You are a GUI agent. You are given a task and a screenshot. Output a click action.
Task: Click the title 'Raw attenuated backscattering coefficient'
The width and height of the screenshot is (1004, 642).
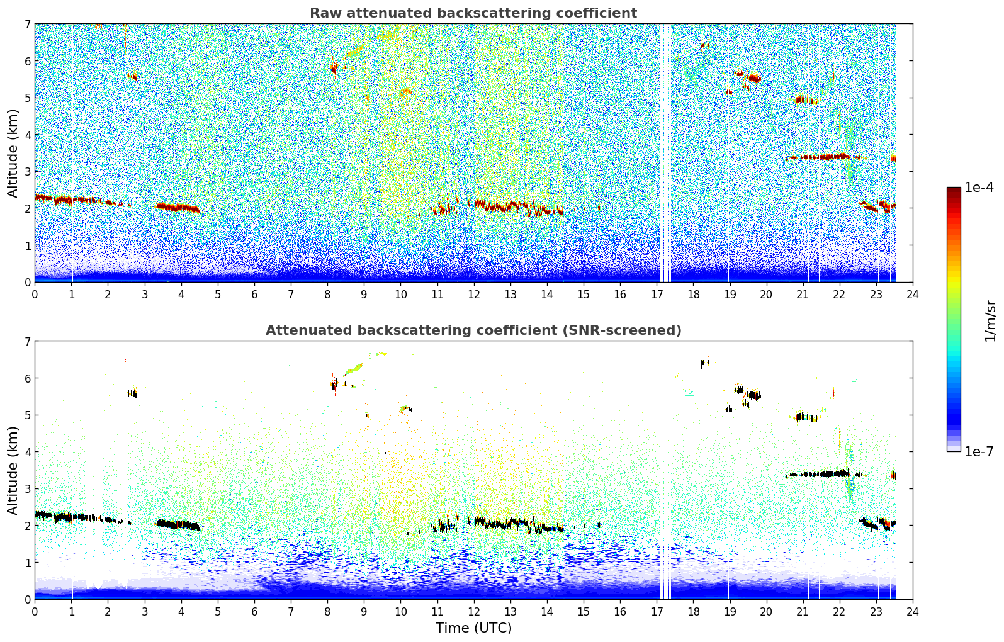[x=473, y=13]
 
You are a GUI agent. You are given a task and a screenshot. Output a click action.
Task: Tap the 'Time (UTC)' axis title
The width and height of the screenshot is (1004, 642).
[x=473, y=628]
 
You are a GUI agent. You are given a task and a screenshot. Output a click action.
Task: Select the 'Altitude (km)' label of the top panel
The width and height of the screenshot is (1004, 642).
[x=13, y=153]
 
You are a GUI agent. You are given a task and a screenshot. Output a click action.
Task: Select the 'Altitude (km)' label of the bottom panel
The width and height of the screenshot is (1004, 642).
[x=13, y=470]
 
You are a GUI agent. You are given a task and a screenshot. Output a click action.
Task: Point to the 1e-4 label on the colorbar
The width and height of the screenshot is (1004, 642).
[x=979, y=188]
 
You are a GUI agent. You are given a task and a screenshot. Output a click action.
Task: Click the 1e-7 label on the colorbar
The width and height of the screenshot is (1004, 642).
[x=979, y=451]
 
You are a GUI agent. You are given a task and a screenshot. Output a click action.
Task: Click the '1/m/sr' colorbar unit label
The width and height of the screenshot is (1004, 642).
[x=990, y=320]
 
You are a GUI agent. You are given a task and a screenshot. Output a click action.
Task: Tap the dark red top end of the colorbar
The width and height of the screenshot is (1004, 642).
[x=954, y=190]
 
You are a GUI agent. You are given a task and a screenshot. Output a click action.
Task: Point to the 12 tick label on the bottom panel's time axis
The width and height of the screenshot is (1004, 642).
[x=473, y=612]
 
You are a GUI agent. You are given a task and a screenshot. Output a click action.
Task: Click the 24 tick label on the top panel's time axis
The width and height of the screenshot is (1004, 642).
[x=913, y=295]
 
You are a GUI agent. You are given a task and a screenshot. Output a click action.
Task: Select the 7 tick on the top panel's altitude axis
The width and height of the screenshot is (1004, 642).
[x=27, y=25]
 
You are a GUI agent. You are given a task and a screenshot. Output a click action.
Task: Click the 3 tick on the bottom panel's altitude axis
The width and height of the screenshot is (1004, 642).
[x=27, y=489]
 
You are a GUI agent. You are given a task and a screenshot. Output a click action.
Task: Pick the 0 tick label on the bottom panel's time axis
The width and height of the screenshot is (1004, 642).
[x=35, y=612]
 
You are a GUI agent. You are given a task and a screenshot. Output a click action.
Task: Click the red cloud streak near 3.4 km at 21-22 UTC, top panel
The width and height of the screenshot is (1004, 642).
[x=825, y=157]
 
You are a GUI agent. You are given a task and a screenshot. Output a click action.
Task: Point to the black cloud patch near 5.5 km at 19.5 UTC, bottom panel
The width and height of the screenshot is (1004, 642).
[x=753, y=395]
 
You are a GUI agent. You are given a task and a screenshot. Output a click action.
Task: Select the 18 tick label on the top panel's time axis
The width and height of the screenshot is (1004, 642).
[x=693, y=295]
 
